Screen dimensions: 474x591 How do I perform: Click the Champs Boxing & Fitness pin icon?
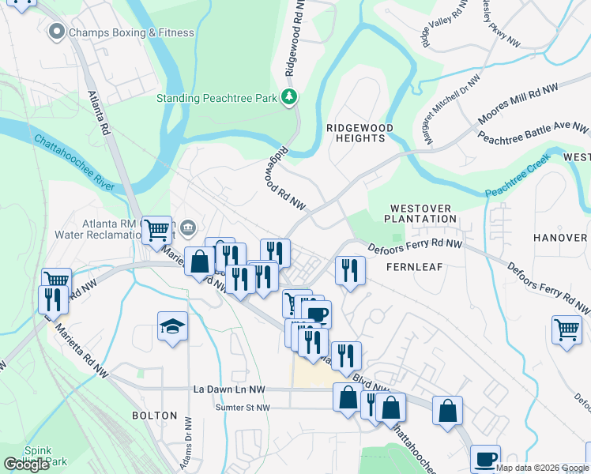pos(56,32)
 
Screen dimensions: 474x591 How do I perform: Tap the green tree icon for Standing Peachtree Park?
pos(290,98)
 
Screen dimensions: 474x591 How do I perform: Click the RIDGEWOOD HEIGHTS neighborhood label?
pos(356,132)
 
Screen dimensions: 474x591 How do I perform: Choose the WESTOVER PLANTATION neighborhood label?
pos(421,213)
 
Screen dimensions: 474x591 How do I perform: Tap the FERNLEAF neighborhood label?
pos(412,267)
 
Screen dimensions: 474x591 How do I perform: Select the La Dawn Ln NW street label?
pos(232,389)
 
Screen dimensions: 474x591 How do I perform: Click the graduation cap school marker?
pos(171,327)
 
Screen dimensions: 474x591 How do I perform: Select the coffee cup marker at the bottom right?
pos(485,457)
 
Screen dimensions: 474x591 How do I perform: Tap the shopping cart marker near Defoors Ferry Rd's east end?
pos(567,329)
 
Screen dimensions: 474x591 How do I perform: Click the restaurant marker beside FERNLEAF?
pos(348,269)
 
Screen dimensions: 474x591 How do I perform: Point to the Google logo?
pos(26,465)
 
